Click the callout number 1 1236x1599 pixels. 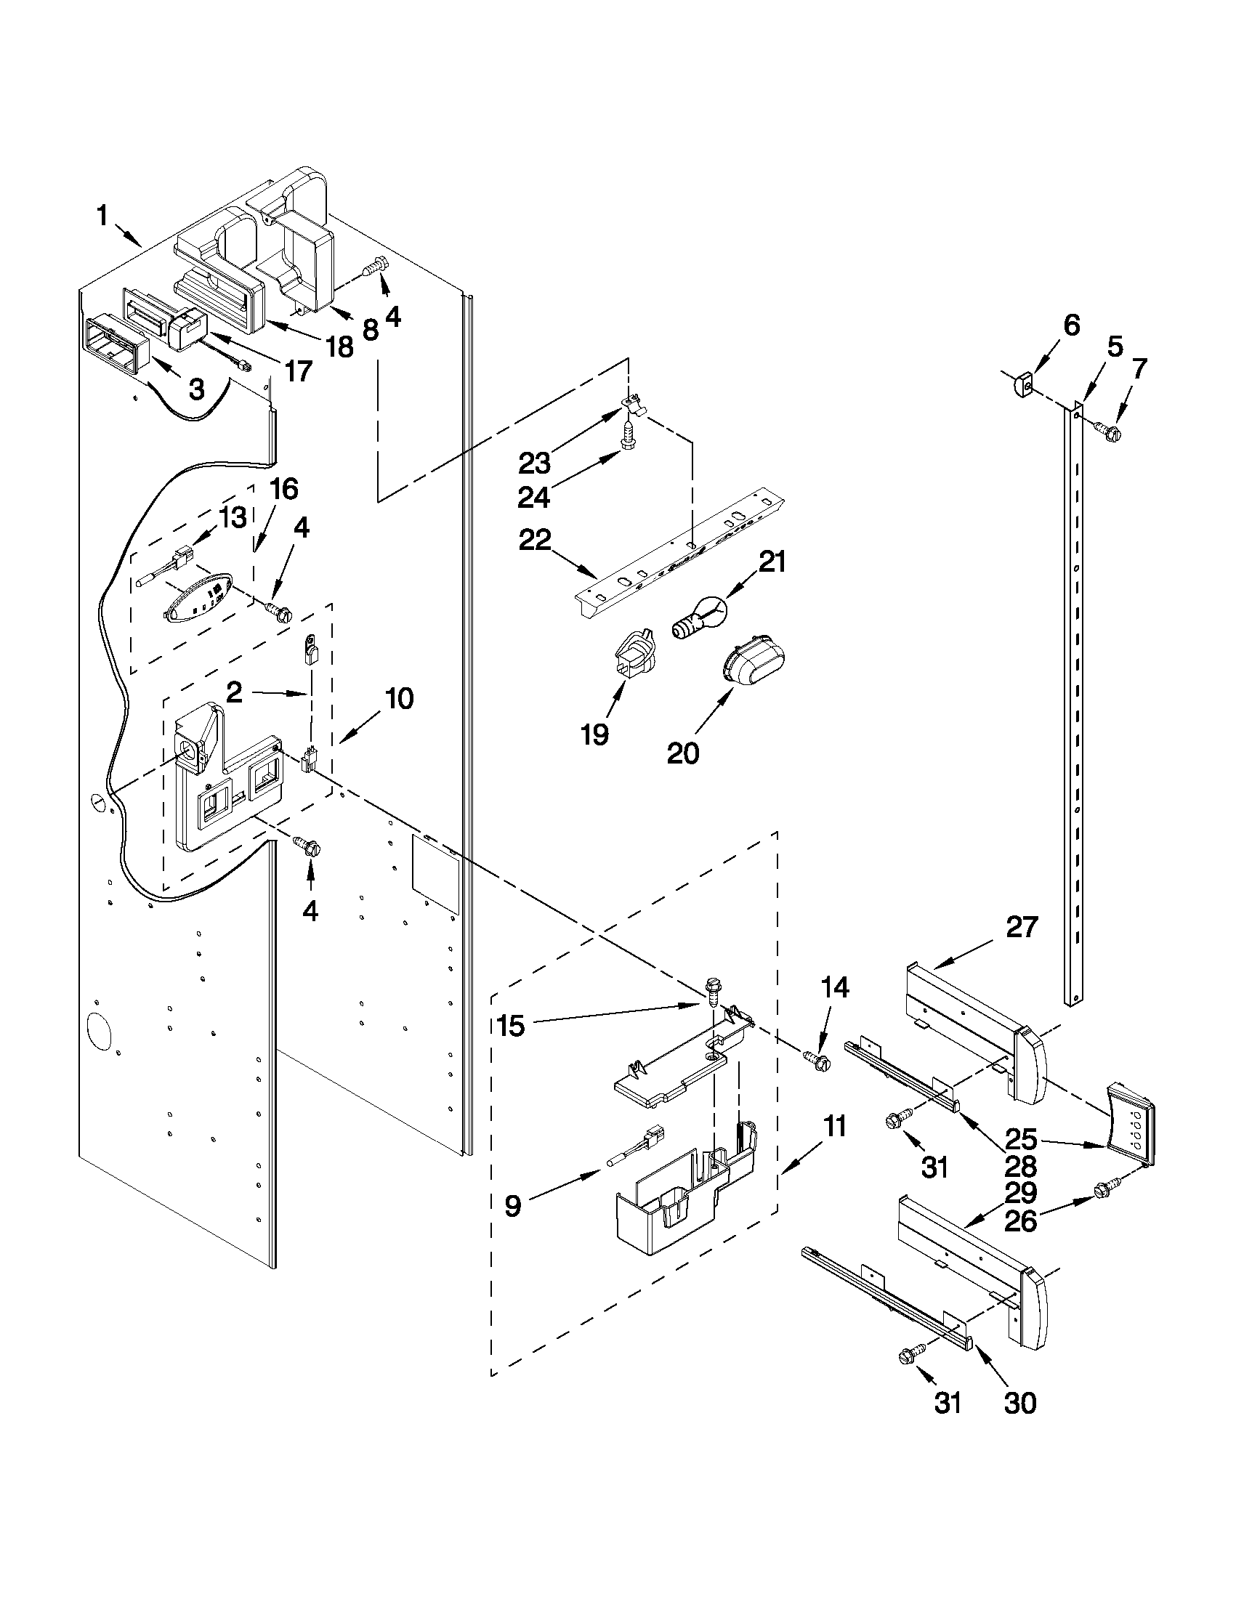(x=102, y=216)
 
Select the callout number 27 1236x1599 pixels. (x=1022, y=928)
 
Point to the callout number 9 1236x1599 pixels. (x=512, y=1205)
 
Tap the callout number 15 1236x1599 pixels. (x=510, y=1026)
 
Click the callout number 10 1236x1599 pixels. (x=399, y=698)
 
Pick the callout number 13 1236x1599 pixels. (x=233, y=519)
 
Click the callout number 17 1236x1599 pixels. (x=299, y=371)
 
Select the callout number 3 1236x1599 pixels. (x=196, y=389)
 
